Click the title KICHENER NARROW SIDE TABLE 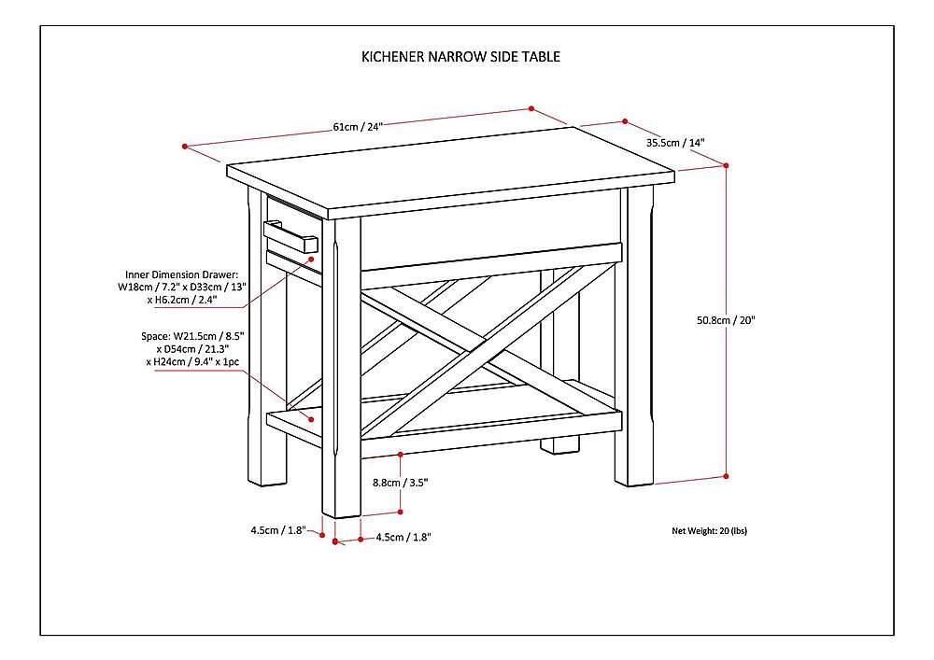(x=460, y=56)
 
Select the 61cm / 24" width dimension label (x=359, y=126)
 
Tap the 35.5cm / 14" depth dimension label (x=674, y=143)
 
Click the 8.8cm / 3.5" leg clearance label (x=401, y=483)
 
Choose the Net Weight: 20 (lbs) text (x=709, y=530)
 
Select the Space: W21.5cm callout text (x=195, y=347)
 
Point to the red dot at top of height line (x=726, y=165)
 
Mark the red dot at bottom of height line (x=726, y=476)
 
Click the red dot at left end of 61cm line (x=186, y=147)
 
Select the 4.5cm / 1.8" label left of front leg (x=277, y=530)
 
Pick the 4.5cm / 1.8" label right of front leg (x=403, y=538)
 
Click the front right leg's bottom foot (x=633, y=474)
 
